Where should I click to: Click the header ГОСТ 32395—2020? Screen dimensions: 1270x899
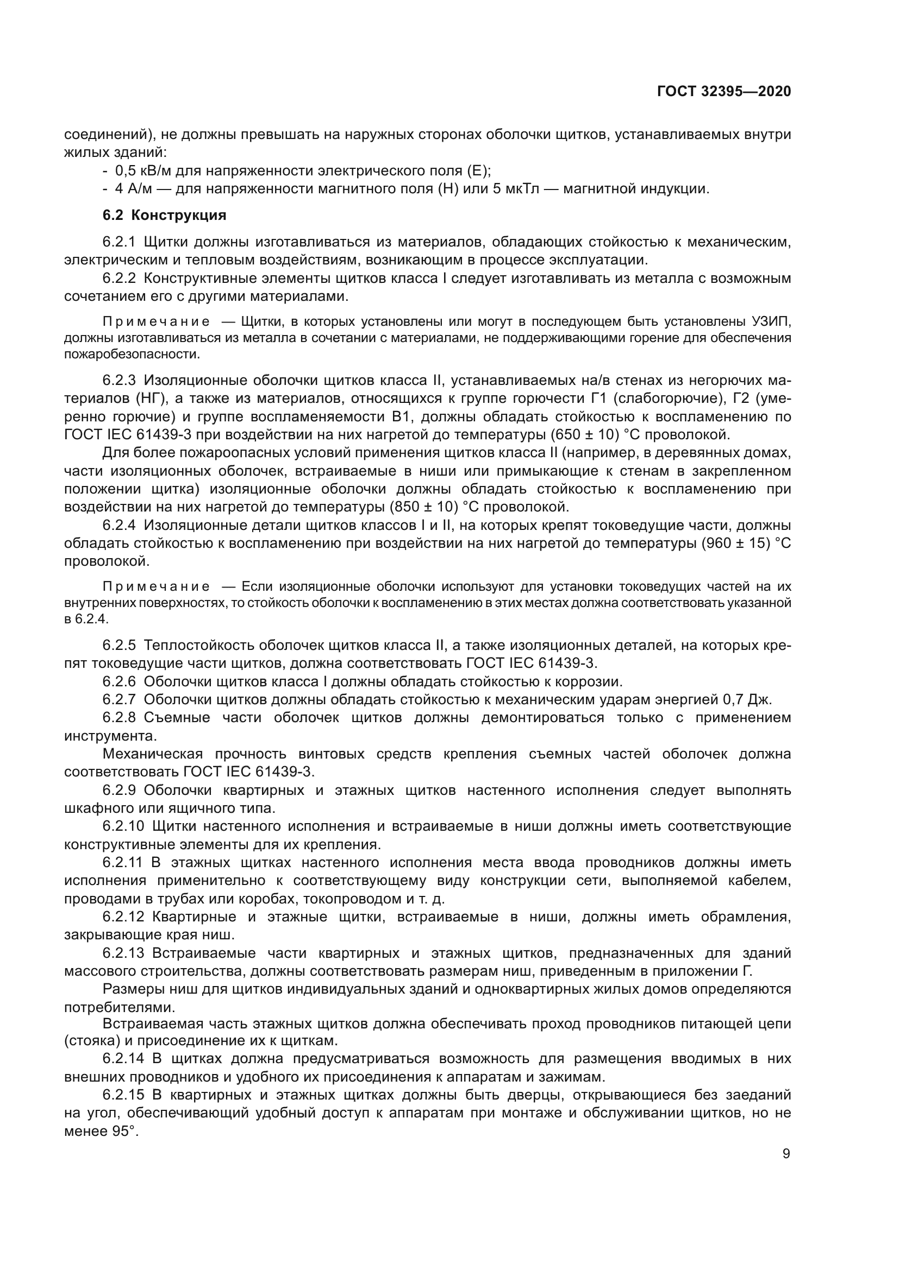(x=723, y=91)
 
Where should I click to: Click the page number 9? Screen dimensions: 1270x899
(x=786, y=1154)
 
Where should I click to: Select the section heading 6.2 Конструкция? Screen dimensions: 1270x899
(x=164, y=215)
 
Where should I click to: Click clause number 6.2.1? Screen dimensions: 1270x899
(x=119, y=242)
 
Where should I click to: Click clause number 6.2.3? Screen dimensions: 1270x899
(x=119, y=381)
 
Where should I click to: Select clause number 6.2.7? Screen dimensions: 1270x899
(x=119, y=700)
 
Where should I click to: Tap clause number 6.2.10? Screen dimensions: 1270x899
(x=123, y=826)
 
